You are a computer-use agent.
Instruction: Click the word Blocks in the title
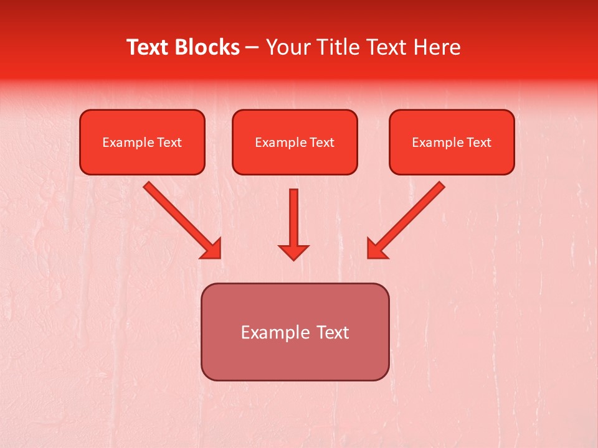pos(207,47)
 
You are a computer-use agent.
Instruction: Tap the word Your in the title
pos(288,47)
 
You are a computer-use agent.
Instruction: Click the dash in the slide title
pos(252,48)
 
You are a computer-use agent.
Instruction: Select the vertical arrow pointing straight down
pos(293,218)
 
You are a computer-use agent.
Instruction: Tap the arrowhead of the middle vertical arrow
pos(293,251)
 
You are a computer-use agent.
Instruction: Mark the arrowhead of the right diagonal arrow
pos(377,248)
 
